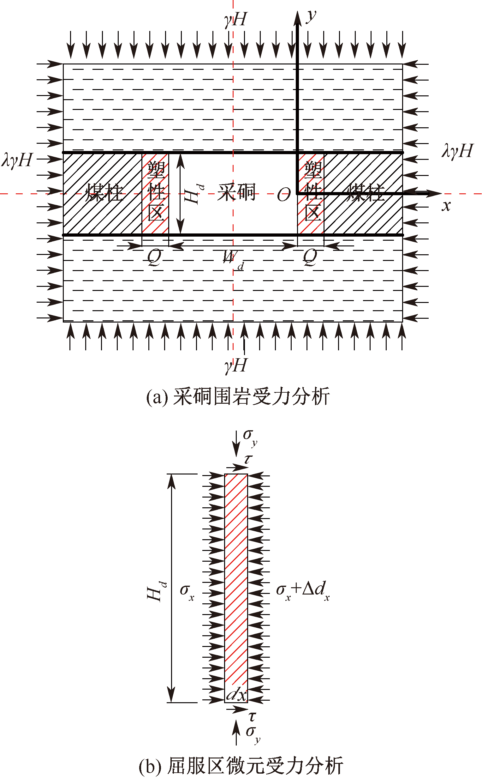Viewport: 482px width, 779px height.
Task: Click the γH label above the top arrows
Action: pos(235,20)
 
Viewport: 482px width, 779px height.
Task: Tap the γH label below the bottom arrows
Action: pos(235,365)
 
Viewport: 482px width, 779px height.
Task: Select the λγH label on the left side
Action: pos(17,160)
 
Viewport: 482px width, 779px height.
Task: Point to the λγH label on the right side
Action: pos(457,151)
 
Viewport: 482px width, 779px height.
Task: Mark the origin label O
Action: pos(283,195)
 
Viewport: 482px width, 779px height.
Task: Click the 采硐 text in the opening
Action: pos(236,192)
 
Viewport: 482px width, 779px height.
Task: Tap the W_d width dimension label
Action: pos(233,259)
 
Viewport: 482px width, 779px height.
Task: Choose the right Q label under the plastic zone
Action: pos(310,257)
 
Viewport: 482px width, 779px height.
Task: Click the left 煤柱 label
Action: pos(104,193)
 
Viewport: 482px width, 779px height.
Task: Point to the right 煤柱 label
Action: pos(366,192)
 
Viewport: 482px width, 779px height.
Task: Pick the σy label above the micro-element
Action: pos(250,438)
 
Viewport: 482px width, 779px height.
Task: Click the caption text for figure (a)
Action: pos(238,397)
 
